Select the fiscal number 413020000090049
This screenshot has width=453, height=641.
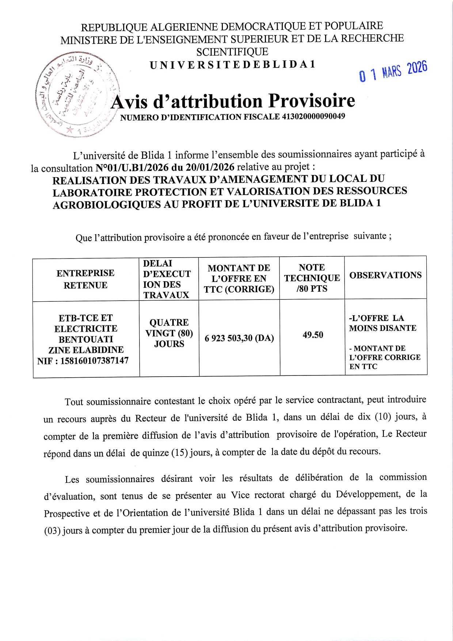(313, 117)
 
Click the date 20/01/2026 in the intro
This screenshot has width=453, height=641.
(210, 167)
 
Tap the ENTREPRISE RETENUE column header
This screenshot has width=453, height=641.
(85, 279)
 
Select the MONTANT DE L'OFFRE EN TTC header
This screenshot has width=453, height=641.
(239, 278)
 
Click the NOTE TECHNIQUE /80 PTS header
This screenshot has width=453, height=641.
(312, 278)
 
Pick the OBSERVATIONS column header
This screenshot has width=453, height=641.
(385, 275)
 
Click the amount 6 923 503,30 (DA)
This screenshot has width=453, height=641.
(239, 338)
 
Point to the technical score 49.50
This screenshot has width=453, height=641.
(313, 335)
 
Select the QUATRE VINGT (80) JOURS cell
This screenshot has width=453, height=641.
(169, 333)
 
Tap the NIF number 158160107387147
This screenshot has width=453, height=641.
(94, 361)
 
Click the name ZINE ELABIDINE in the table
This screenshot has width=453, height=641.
(86, 350)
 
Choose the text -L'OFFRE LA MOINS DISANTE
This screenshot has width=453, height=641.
(382, 323)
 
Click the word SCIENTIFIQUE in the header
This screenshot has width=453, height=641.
(232, 52)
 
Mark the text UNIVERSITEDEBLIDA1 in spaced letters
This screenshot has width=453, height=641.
(232, 65)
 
